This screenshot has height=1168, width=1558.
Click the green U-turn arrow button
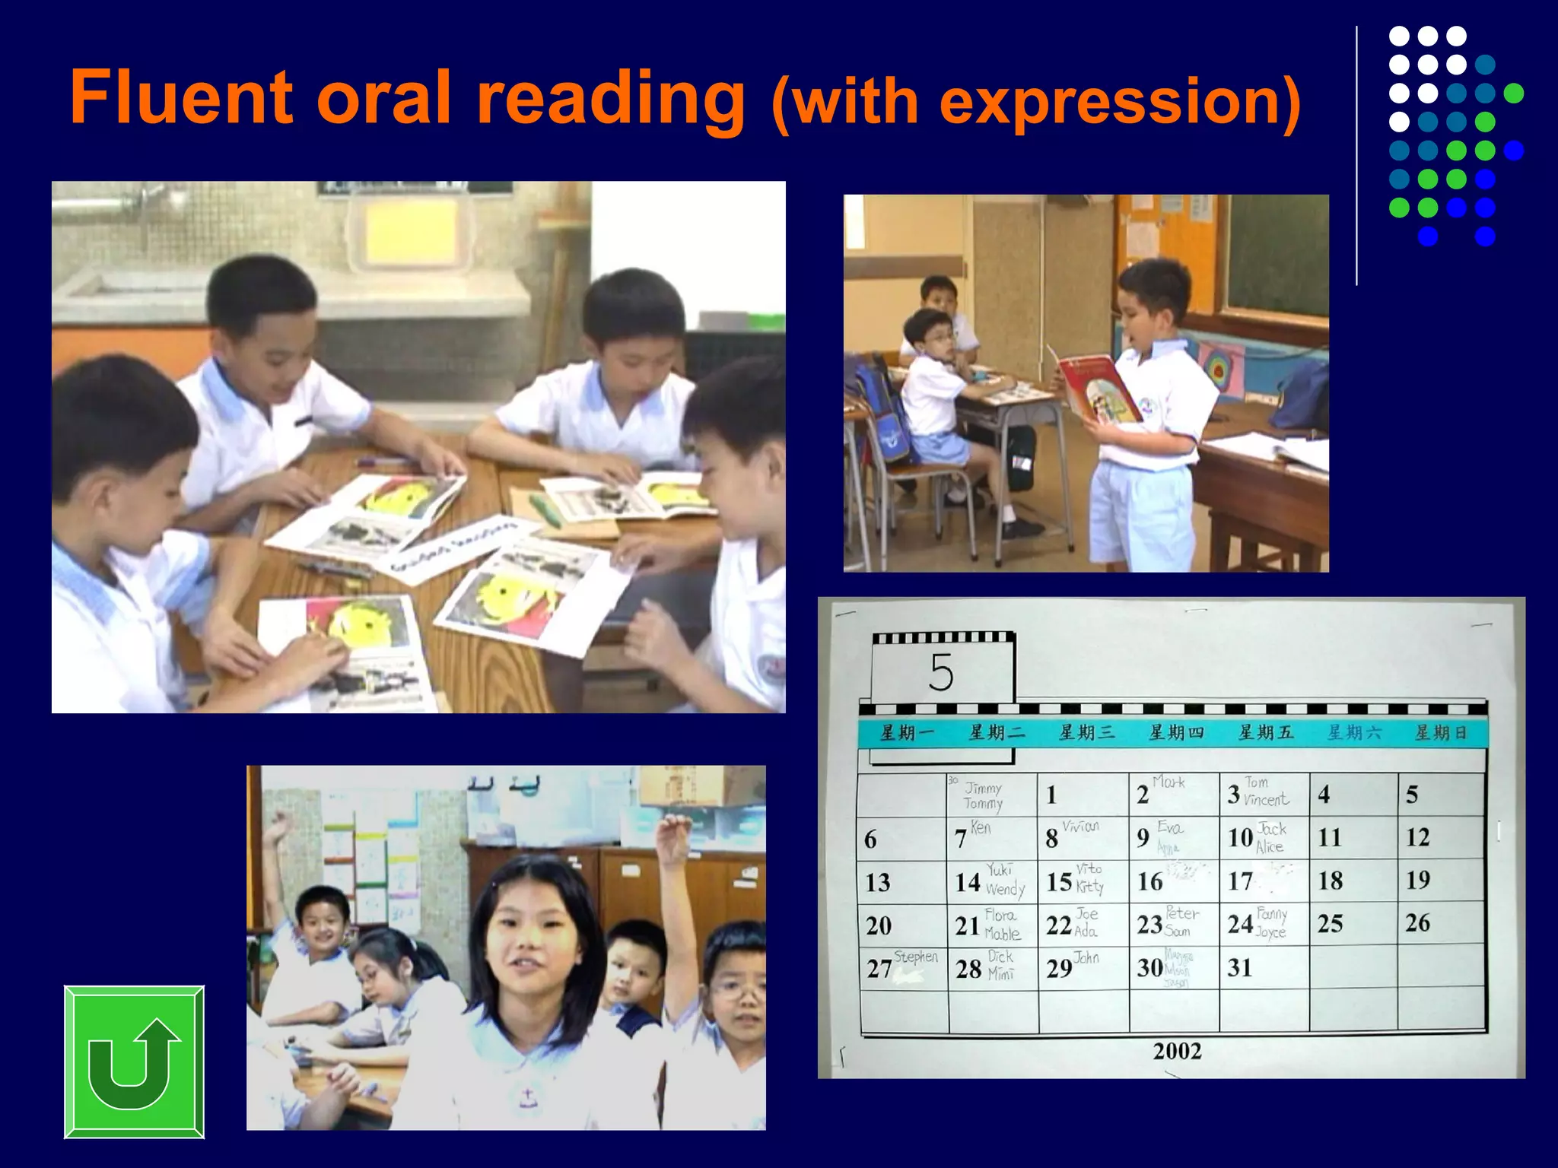click(x=134, y=1062)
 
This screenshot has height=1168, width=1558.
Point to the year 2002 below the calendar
click(x=1177, y=1052)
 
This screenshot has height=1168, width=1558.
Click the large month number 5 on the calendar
click(x=941, y=672)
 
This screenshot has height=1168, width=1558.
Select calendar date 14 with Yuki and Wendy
click(x=990, y=881)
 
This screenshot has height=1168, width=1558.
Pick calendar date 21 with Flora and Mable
click(x=988, y=924)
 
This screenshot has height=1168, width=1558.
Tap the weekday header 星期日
click(x=1440, y=733)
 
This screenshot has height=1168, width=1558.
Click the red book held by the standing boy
click(x=1098, y=389)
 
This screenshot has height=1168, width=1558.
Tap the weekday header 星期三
click(x=1086, y=733)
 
